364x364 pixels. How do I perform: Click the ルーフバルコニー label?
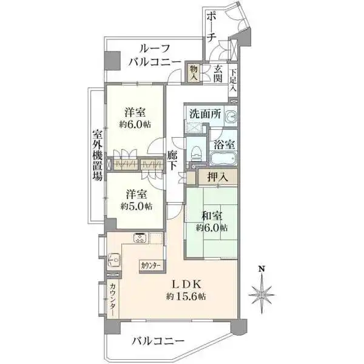[154, 55]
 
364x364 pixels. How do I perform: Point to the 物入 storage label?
[194, 72]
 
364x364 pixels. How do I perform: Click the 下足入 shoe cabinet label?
[234, 79]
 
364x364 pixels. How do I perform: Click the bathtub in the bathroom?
[224, 160]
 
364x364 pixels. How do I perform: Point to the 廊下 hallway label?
[172, 160]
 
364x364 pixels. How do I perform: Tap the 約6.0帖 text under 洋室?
[135, 124]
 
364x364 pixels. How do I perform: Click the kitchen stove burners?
[139, 238]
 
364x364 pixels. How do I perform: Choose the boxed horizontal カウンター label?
[151, 266]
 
